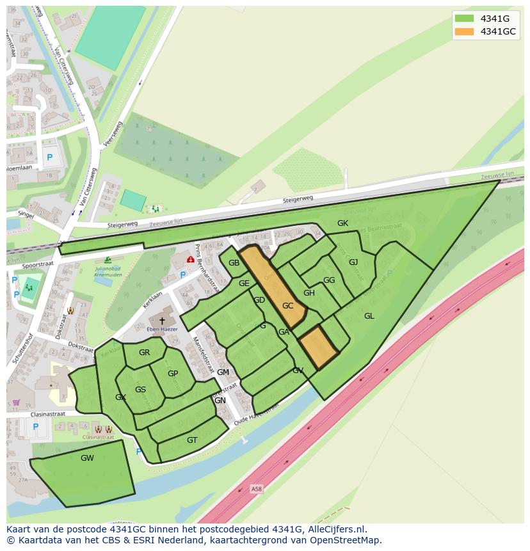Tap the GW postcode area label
coord(87,458)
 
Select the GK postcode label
coord(342,223)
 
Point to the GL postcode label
coord(369,316)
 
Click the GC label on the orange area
coord(287,306)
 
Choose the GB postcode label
coord(234,264)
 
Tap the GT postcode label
coord(192,440)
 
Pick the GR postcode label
coord(144,353)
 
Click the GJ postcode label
coord(353,262)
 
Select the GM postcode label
coord(223,372)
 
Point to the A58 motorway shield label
coord(257,490)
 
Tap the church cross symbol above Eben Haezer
coord(162,321)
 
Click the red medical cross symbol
coord(190,260)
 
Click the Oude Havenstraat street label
coord(257,414)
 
